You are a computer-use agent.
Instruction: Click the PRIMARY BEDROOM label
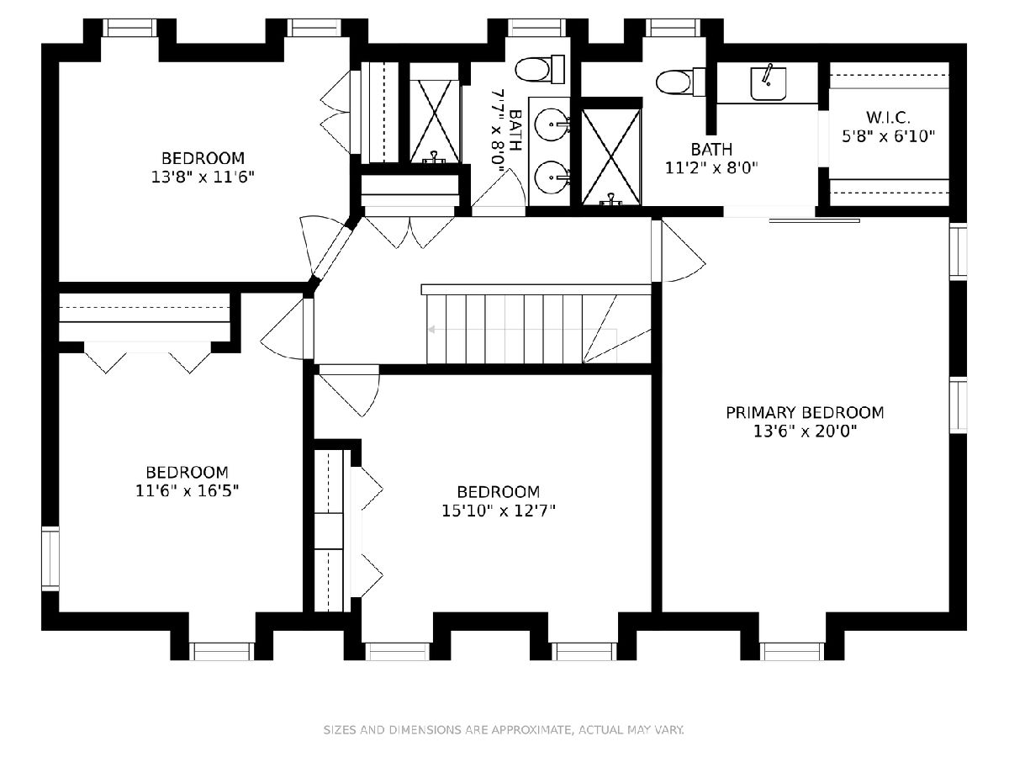(x=805, y=412)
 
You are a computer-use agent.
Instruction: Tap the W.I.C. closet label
(x=888, y=117)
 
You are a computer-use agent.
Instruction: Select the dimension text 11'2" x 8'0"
(x=711, y=167)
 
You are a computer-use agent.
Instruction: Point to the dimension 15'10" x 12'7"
(x=499, y=511)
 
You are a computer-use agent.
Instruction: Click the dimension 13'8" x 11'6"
(x=203, y=177)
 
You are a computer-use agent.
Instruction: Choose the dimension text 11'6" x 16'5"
(x=188, y=491)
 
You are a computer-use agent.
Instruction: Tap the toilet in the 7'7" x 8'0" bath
(x=540, y=70)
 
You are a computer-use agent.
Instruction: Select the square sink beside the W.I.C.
(x=769, y=83)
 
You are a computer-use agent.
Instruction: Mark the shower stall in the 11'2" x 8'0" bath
(x=611, y=156)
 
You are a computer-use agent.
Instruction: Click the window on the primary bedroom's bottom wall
(x=792, y=651)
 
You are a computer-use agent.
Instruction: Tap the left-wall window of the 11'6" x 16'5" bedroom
(x=50, y=558)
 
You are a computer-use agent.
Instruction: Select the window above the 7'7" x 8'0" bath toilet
(x=537, y=28)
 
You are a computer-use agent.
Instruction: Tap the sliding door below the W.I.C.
(x=814, y=221)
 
